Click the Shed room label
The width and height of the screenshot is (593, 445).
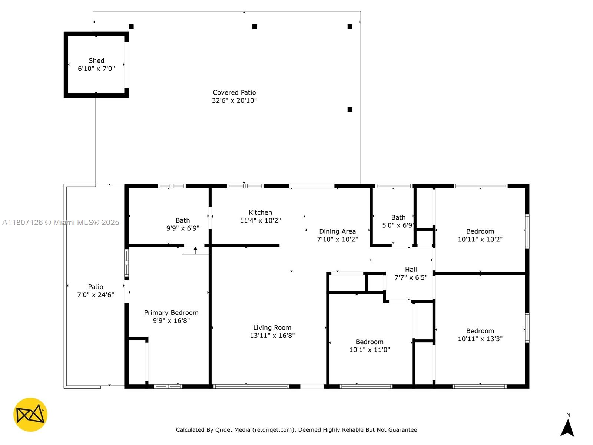tap(96, 60)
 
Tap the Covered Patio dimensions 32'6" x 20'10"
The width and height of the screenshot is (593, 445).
tap(234, 100)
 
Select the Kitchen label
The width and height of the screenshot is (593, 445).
tap(260, 212)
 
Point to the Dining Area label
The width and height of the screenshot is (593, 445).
tap(337, 231)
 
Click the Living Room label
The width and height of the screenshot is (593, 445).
tap(272, 327)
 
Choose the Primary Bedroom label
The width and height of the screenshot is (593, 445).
tap(171, 313)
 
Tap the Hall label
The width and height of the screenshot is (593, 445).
tap(411, 270)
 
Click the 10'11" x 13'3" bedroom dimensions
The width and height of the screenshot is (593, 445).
tap(480, 339)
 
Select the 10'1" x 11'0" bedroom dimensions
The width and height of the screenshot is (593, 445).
tap(370, 350)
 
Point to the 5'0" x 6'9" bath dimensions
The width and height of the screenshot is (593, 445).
tap(398, 225)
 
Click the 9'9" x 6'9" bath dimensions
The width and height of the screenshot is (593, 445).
tap(183, 228)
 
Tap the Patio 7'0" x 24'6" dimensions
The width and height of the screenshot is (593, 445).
tap(96, 295)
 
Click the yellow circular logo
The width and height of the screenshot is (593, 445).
tap(30, 415)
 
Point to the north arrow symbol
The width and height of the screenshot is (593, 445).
tap(567, 428)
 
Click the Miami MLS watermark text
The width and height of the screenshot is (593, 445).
tap(61, 222)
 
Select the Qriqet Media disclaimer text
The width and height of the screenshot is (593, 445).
tap(296, 430)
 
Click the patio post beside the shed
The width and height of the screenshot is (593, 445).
tap(131, 27)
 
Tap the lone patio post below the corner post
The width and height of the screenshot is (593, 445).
tap(350, 109)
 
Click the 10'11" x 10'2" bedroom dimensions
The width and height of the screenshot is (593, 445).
tap(480, 239)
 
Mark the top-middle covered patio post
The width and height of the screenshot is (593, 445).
tap(255, 27)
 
